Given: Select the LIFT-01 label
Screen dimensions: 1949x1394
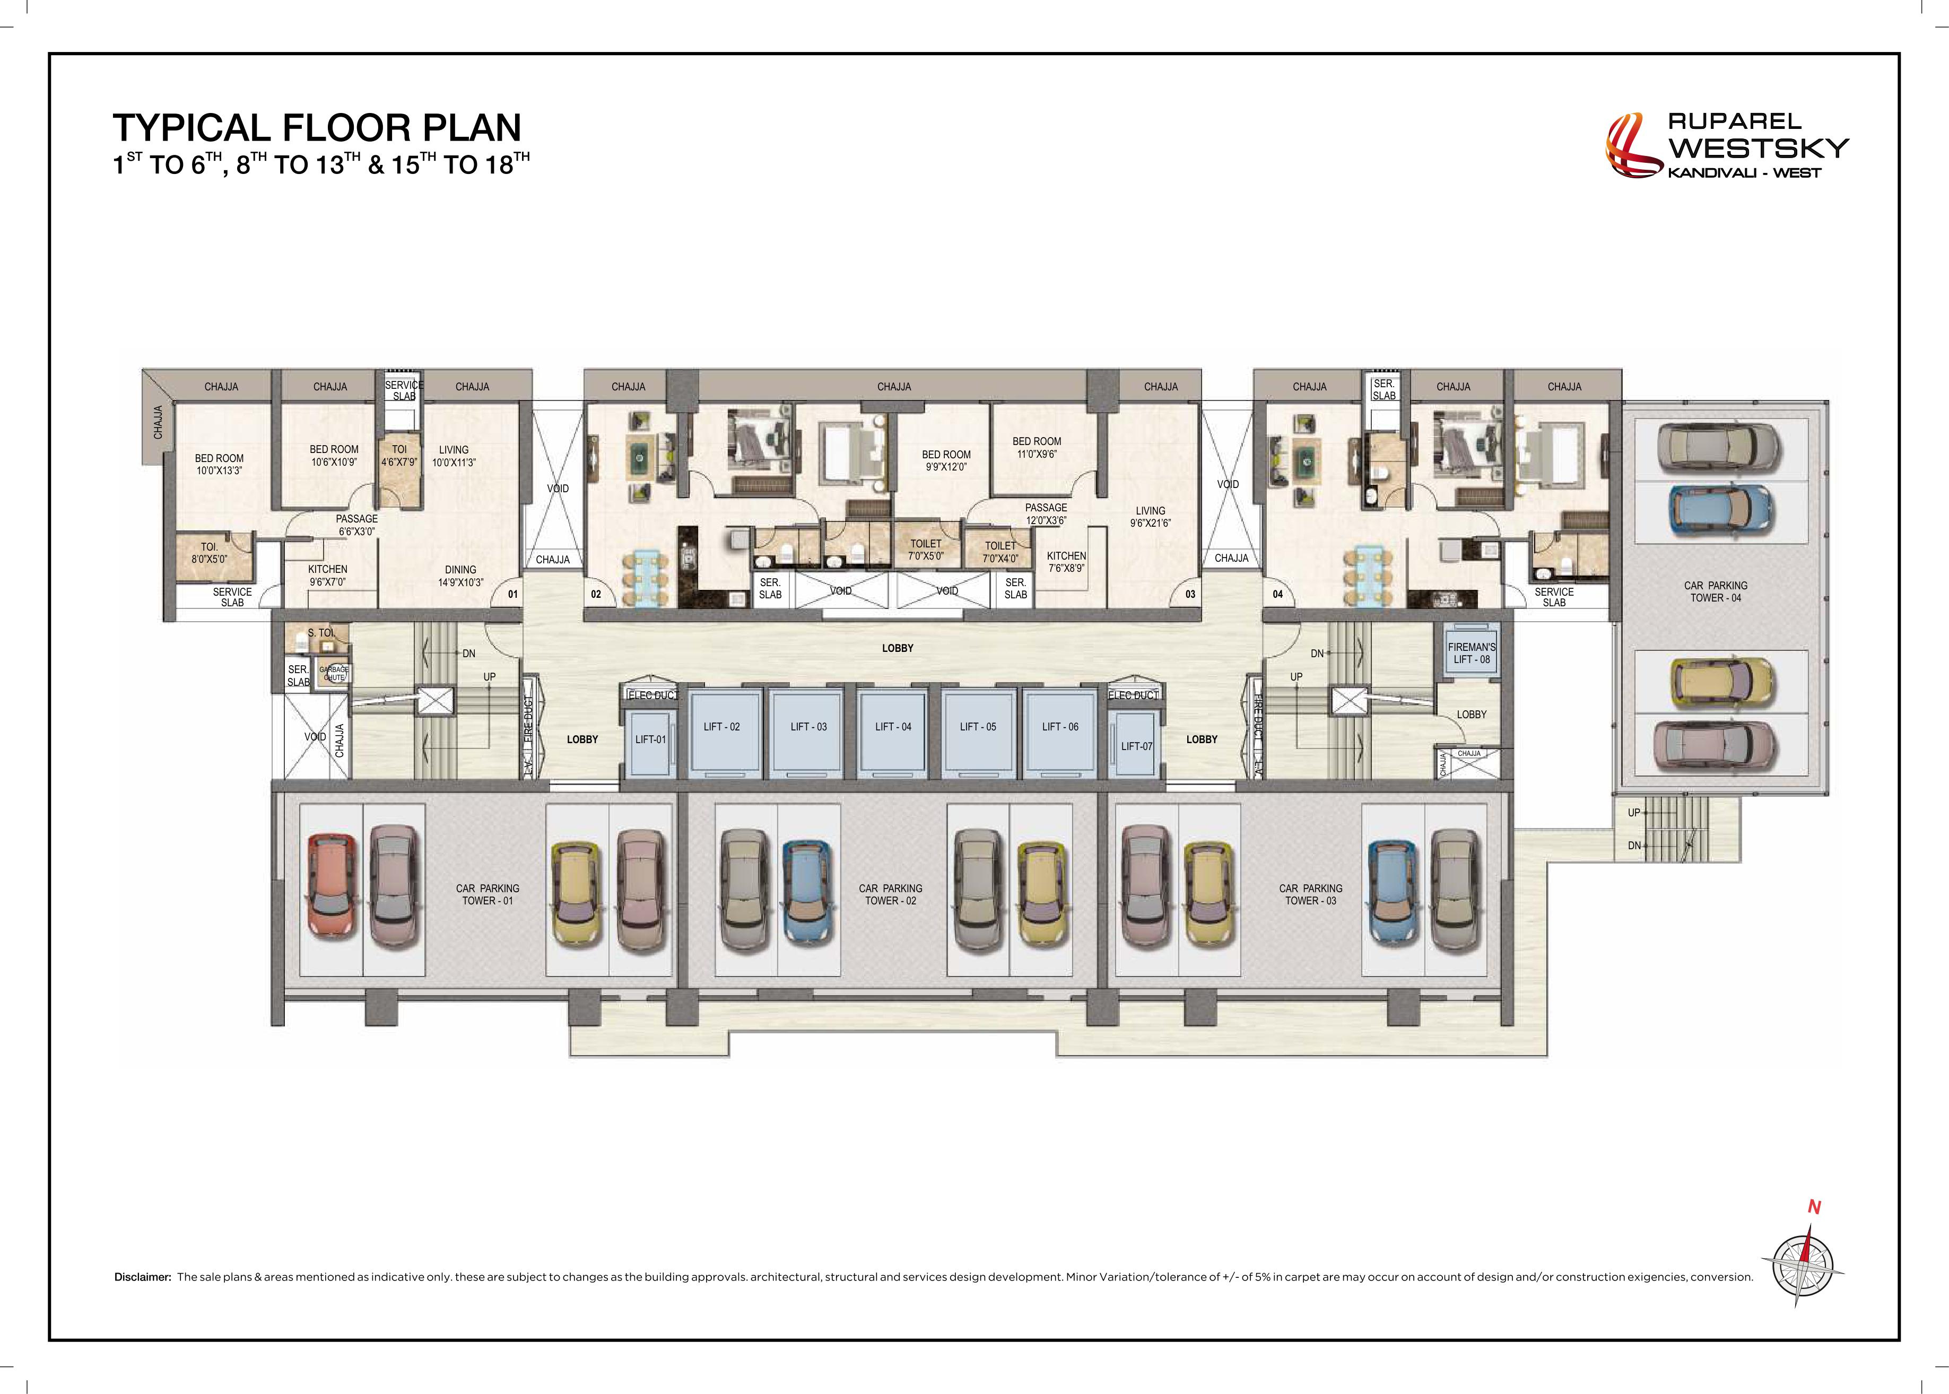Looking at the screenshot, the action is point(650,739).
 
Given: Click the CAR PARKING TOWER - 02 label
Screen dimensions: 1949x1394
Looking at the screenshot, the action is point(890,894).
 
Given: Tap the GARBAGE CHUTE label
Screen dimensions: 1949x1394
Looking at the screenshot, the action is point(334,673).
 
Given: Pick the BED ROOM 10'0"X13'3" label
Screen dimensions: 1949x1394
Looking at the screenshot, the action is point(219,464).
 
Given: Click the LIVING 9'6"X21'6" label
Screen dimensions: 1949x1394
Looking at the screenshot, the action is point(1150,517).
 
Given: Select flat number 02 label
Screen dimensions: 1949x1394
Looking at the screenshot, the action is point(596,594).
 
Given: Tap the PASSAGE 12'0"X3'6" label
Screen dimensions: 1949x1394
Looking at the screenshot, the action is point(1046,514).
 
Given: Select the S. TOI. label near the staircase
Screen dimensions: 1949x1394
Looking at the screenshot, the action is point(322,633).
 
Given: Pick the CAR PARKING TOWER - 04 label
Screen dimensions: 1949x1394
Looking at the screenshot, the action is point(1716,591).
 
